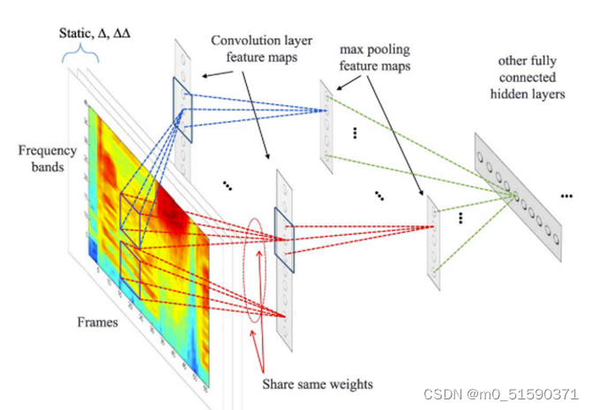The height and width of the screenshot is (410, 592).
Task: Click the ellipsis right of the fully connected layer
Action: [566, 194]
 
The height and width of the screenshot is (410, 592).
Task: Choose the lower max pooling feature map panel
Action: [432, 239]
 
